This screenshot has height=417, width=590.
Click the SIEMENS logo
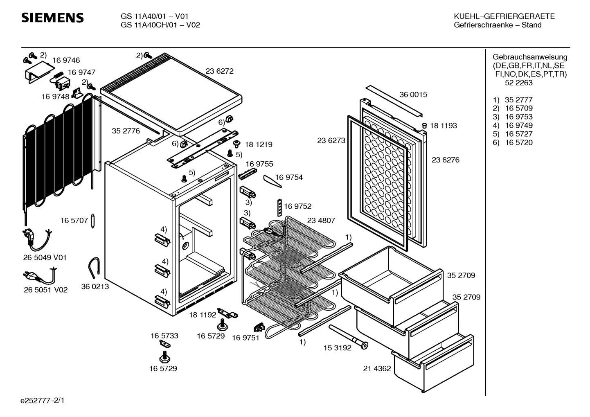[x=52, y=18]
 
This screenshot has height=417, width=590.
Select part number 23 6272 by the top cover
[x=219, y=71]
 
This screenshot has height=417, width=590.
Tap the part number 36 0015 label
[x=413, y=95]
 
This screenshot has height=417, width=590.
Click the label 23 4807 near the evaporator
[x=321, y=221]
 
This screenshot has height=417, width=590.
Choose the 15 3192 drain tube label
[x=337, y=348]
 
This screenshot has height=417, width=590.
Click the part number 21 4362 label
[x=376, y=368]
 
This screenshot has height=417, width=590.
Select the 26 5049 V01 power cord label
[x=45, y=258]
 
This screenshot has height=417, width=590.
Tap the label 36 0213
[x=95, y=286]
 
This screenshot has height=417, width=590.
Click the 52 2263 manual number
[x=519, y=83]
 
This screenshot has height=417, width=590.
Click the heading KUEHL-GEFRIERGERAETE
[x=504, y=16]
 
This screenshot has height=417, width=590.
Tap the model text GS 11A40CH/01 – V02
[x=160, y=25]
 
